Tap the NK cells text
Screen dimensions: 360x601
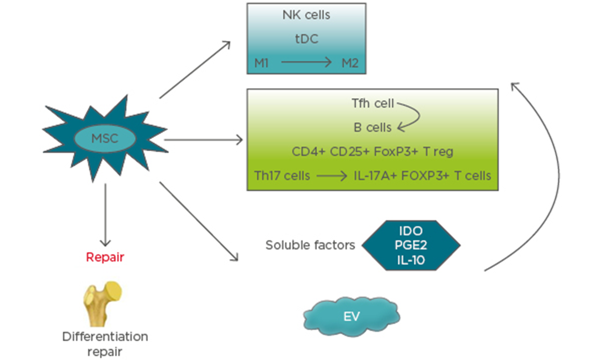[x=306, y=15]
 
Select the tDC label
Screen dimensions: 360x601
[x=306, y=39]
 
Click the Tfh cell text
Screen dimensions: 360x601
[x=373, y=103]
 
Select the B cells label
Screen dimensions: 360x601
[x=372, y=127]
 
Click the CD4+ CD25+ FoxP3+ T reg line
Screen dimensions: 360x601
[x=372, y=152]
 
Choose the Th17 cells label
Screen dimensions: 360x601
[x=282, y=176]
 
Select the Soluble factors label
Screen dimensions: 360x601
[x=310, y=245]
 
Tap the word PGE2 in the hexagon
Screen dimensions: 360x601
[x=411, y=245]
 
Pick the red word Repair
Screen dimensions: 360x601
[x=105, y=257]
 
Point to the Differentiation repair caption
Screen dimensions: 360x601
[x=105, y=343]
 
